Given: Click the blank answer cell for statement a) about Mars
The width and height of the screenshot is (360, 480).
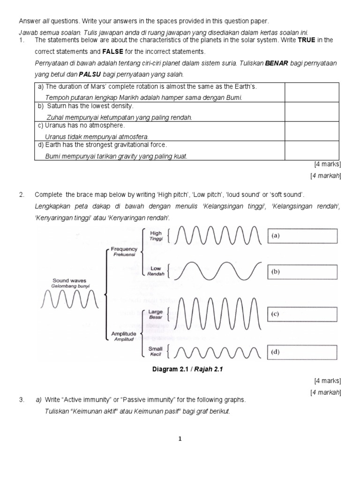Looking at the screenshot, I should pos(311,92).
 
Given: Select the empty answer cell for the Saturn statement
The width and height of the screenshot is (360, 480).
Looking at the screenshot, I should pos(311,112).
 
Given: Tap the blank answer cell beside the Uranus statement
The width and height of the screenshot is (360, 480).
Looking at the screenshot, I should pos(311,131).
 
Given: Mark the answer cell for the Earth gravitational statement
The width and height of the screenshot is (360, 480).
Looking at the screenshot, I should pos(311,150).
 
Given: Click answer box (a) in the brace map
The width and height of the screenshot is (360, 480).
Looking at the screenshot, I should pos(302,236).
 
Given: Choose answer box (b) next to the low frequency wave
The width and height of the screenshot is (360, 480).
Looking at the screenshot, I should pos(302,271).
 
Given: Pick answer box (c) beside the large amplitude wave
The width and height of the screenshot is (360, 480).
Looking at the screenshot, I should pos(302,315).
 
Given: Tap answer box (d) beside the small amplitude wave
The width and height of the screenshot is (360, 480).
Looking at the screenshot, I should pos(302,352).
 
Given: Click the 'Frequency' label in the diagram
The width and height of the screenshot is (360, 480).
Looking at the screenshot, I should pos(124,249).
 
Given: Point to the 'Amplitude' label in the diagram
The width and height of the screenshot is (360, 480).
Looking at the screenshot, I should pos(124,333).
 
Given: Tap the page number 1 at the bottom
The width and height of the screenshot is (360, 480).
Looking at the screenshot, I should pos(180,439).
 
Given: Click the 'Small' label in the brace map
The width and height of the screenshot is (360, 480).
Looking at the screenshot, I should pos(155,349).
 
